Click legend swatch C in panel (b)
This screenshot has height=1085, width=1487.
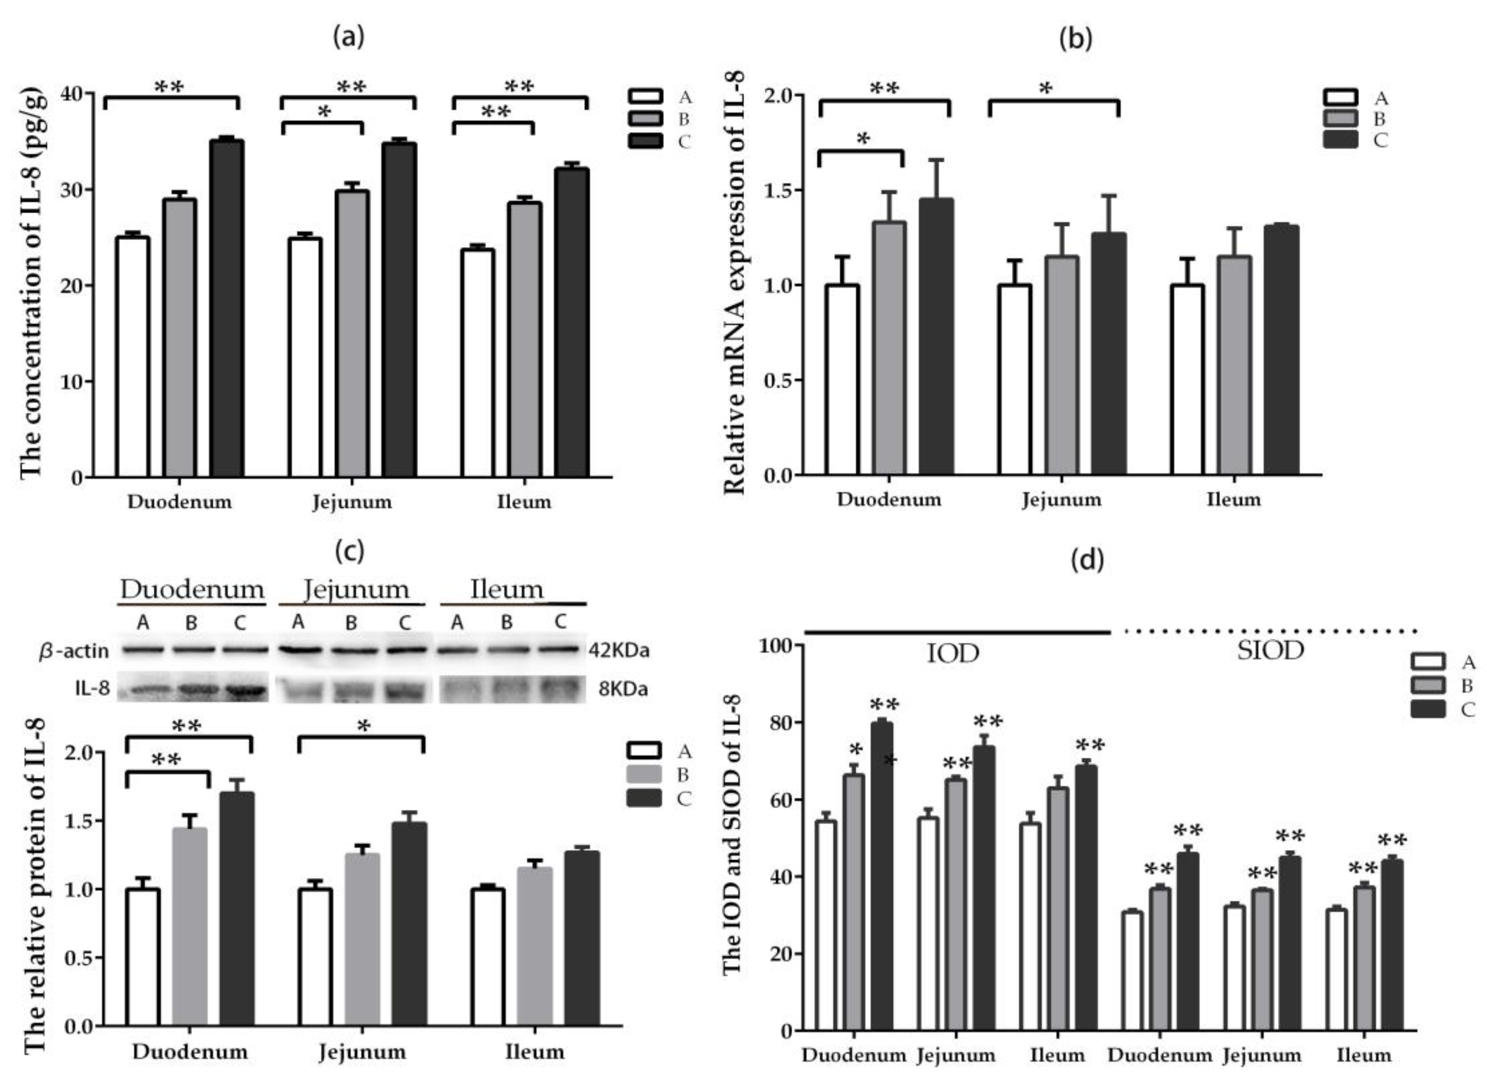click(1340, 140)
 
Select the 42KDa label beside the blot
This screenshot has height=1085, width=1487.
click(619, 651)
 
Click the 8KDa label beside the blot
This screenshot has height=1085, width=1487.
click(623, 689)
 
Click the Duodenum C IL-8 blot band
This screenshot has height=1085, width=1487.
click(244, 690)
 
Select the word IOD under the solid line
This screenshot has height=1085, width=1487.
click(952, 654)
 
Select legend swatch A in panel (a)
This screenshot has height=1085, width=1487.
click(644, 97)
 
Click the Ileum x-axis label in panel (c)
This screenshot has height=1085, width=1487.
click(535, 1052)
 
